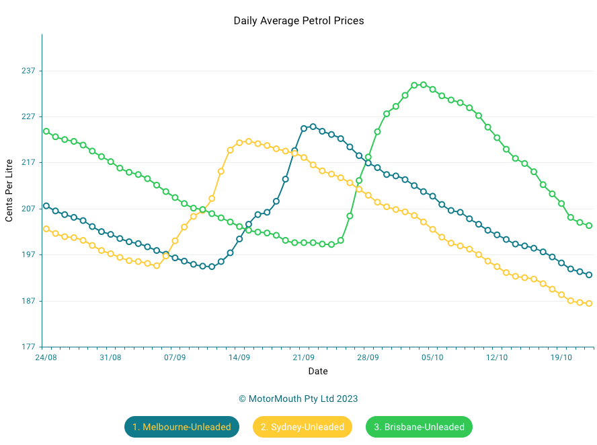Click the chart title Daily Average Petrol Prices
[x=298, y=21]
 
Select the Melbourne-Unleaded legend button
[x=182, y=427]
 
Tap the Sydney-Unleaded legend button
[x=303, y=427]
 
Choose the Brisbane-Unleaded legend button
[x=419, y=427]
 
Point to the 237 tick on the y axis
[x=28, y=71]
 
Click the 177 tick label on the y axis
[x=28, y=347]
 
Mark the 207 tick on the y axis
[x=28, y=209]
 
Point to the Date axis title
[x=318, y=371]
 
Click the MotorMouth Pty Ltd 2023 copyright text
[x=298, y=399]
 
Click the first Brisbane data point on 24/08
[x=46, y=131]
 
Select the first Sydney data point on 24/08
[x=46, y=229]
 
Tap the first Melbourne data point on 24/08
[x=46, y=206]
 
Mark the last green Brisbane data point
[x=589, y=226]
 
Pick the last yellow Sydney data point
[x=589, y=304]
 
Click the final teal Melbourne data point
[x=589, y=275]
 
